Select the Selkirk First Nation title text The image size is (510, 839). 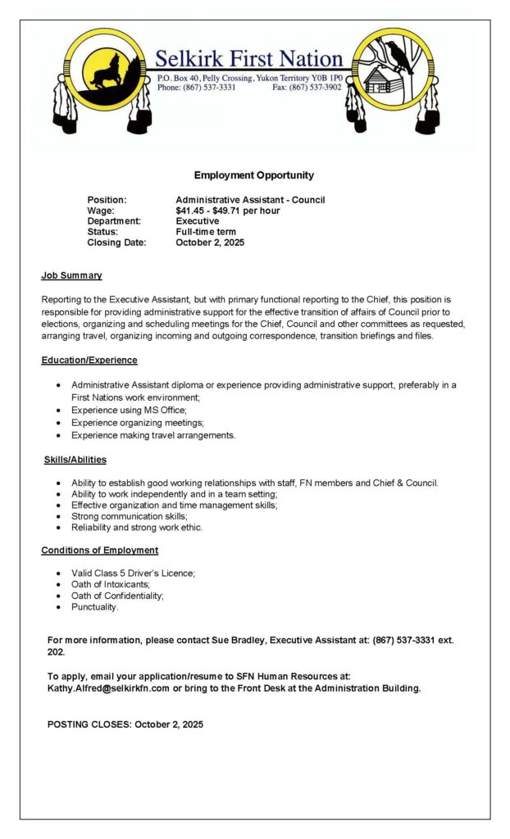pos(248,59)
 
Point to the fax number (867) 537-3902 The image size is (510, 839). pos(319,87)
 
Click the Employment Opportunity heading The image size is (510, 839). pos(253,175)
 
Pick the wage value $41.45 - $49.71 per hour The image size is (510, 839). pos(227,211)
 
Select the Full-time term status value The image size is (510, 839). pos(206,232)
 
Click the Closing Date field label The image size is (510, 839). pos(116,243)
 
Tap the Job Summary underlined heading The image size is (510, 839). pos(71,275)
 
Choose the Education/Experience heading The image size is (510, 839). pos(89,360)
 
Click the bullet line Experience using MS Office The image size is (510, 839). pos(129,410)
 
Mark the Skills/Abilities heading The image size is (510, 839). pos(75,460)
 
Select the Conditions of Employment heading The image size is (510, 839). pos(99,550)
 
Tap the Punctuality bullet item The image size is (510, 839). pos(94,607)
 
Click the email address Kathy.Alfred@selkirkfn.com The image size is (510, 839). pos(108,688)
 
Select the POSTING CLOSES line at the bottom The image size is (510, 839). pos(125,724)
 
